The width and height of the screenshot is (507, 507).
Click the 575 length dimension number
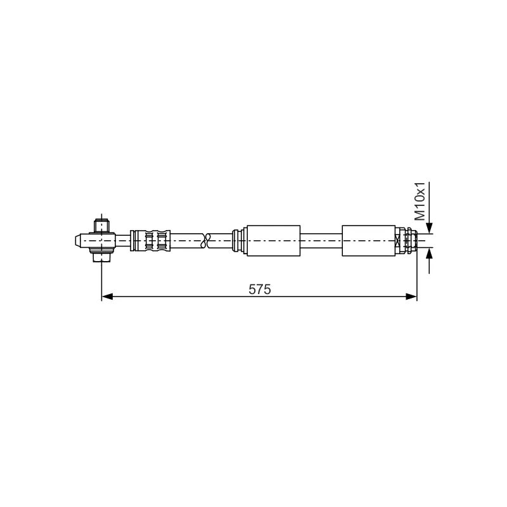(260, 290)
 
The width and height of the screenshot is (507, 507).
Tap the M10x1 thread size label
(420, 201)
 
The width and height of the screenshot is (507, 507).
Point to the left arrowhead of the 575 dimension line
(107, 297)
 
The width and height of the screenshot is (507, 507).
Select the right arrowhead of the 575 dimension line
(411, 297)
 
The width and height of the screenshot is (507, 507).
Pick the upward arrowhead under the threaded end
(429, 253)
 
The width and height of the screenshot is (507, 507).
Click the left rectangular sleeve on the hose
(274, 241)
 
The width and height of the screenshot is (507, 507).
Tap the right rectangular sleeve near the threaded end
(369, 241)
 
